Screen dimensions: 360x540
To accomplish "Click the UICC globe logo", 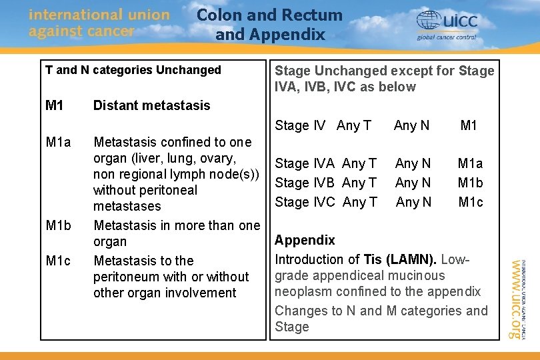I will (x=429, y=21).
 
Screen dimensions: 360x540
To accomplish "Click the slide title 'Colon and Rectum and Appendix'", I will (x=269, y=25).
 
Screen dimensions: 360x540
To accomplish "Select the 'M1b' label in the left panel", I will (x=59, y=225).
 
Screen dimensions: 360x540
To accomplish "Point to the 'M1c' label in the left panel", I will (x=59, y=261).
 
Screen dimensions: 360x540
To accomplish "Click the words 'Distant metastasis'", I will (x=151, y=105).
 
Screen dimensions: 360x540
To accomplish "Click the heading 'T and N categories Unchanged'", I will (x=133, y=70).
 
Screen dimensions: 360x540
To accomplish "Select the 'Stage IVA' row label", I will (x=305, y=163).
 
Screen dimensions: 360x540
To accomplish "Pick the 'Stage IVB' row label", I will (x=305, y=183).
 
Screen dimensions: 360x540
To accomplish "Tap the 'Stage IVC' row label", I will (x=305, y=202).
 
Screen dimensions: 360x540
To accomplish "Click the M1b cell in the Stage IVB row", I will (x=471, y=183).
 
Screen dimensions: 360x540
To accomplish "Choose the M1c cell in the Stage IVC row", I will (x=471, y=202).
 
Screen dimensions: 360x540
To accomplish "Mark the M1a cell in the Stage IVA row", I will (x=471, y=163).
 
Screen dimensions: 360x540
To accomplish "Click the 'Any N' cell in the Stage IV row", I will (x=412, y=125).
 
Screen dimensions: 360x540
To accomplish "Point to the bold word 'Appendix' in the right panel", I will (x=305, y=240).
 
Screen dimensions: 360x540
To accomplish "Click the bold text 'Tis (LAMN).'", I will (x=400, y=259).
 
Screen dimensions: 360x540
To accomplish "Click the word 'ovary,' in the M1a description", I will (x=216, y=158).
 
